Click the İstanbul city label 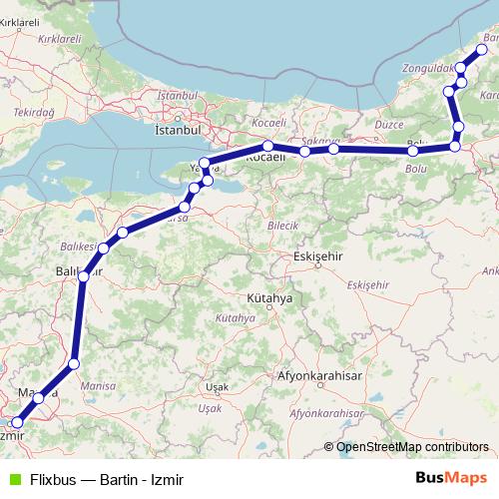(x=179, y=130)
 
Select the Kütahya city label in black (x=270, y=298)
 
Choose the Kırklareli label (x=57, y=38)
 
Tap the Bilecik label (x=283, y=226)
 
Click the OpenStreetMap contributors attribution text (x=413, y=447)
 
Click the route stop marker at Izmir (x=17, y=423)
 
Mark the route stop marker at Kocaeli (x=268, y=146)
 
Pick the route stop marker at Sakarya (x=304, y=151)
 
